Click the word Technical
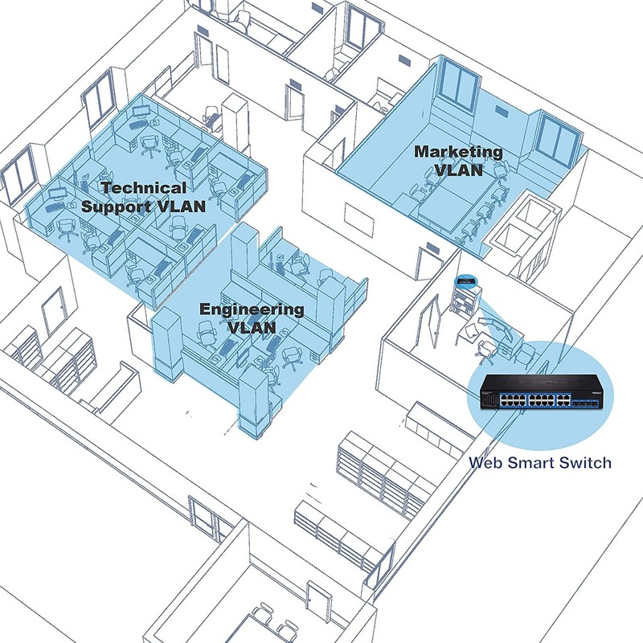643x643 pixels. pos(144,188)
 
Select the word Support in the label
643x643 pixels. pos(117,207)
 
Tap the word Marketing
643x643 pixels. pos(458,152)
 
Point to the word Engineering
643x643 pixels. pos(252,309)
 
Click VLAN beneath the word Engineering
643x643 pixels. pos(252,328)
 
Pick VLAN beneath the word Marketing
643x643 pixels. pos(459,170)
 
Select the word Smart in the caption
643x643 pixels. pos(530,463)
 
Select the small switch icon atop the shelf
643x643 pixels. pos(465,282)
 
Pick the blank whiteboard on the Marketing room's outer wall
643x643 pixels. pos(358,220)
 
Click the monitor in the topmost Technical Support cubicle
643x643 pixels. pos(141,111)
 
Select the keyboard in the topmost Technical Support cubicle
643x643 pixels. pos(137,124)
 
